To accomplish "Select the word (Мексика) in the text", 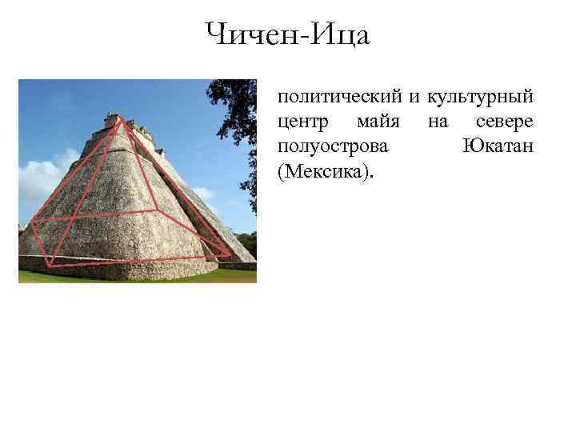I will click(x=325, y=172).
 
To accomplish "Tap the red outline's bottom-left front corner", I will click(x=50, y=265).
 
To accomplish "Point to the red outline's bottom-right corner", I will click(x=230, y=255).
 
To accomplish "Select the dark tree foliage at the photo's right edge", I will click(x=244, y=112).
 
